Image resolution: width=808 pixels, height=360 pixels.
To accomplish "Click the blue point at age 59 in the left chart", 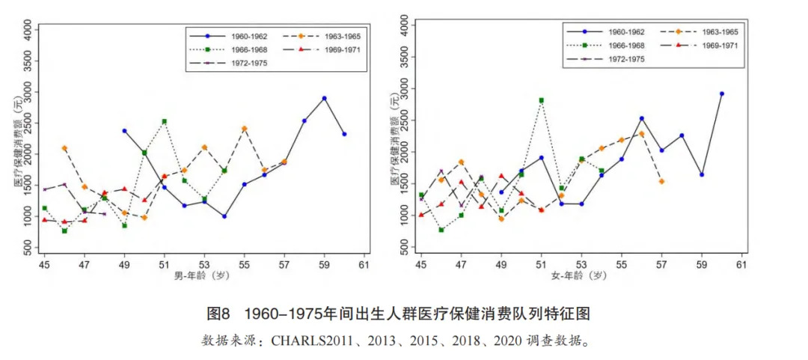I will tap(324, 98).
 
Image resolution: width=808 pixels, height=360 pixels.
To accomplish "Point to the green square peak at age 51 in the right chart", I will tap(541, 100).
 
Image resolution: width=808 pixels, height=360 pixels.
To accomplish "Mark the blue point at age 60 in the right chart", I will tap(722, 94).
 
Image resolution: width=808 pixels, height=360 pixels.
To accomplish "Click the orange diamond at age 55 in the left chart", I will tap(244, 129).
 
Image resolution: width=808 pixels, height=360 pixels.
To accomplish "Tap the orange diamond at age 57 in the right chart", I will tap(661, 181).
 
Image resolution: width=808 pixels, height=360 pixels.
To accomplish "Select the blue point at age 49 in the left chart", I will tap(124, 131).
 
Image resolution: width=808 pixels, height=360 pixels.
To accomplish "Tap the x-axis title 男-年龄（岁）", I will tap(203, 276).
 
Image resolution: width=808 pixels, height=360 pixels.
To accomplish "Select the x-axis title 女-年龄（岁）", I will tap(581, 276).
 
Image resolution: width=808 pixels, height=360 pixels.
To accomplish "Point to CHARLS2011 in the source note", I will tap(307, 341).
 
